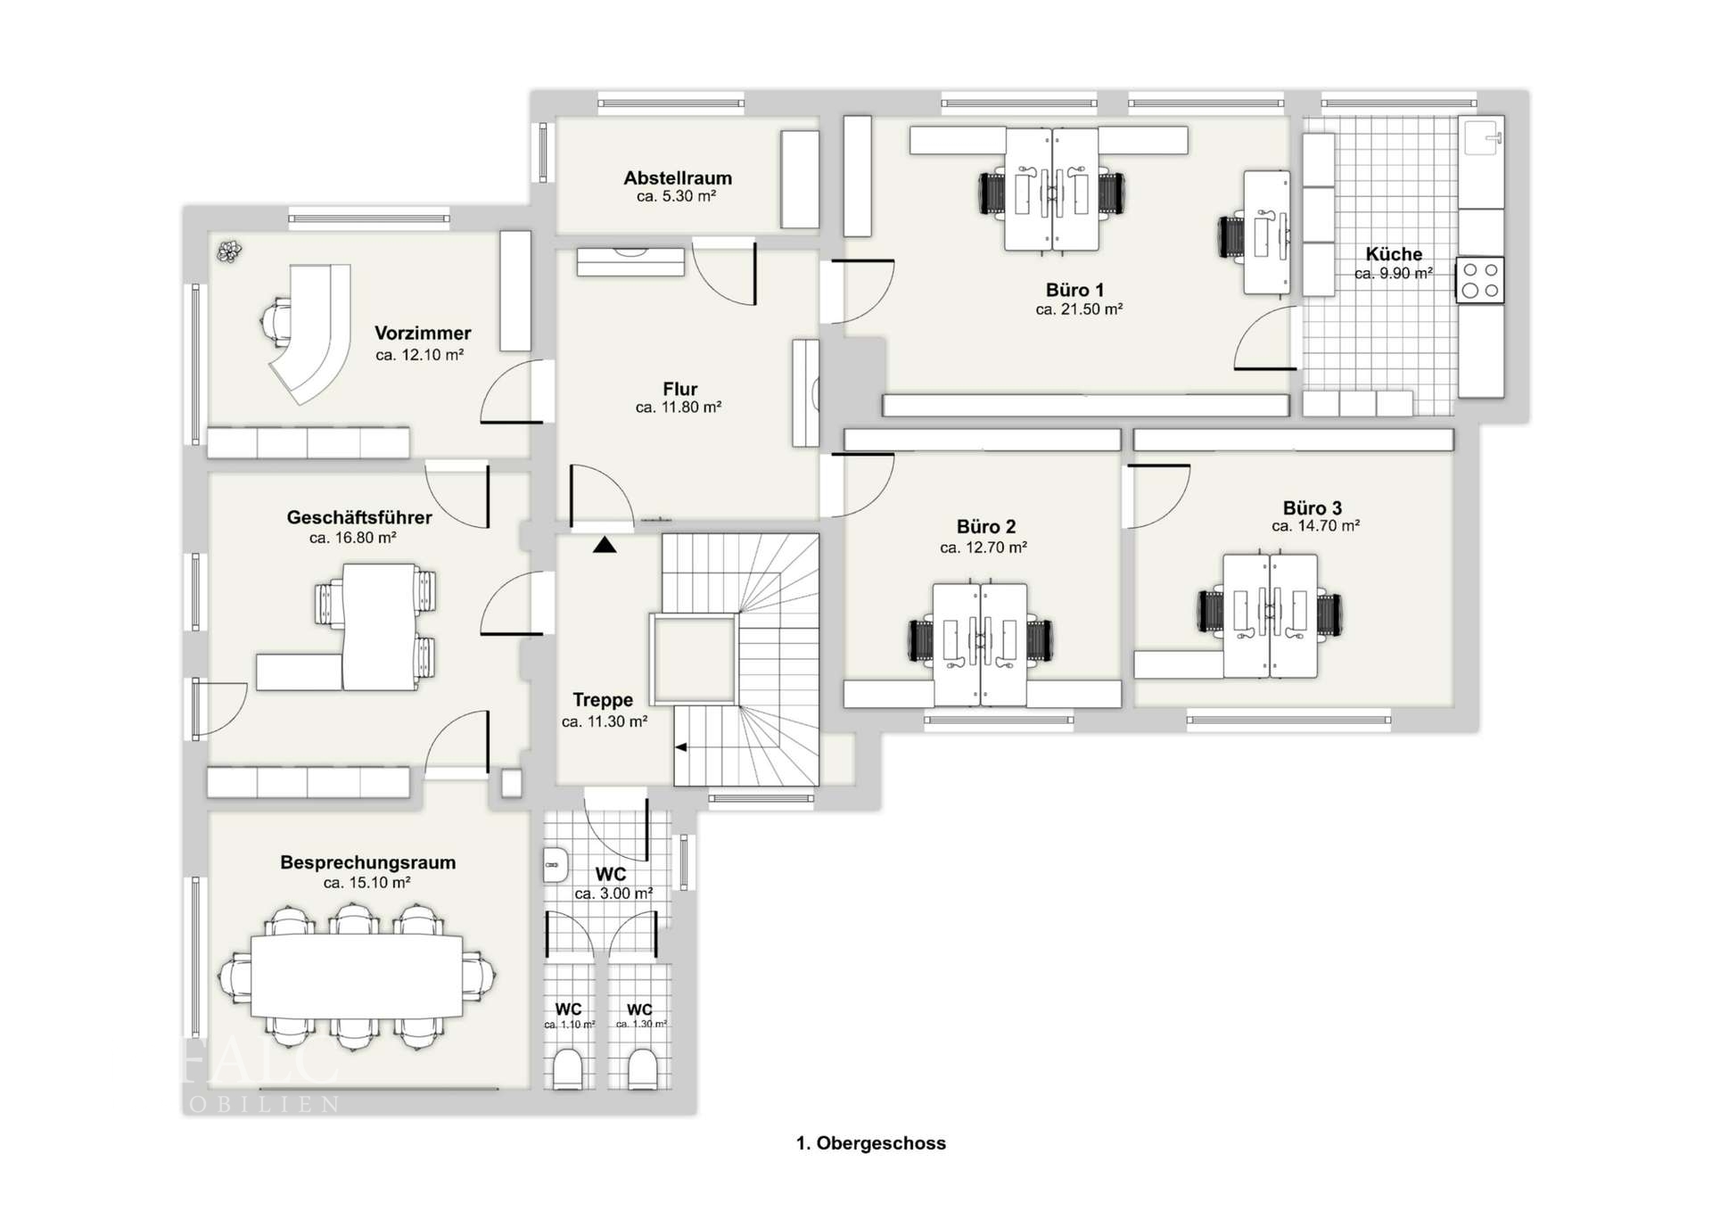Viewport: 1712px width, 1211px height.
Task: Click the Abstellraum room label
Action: [x=678, y=177]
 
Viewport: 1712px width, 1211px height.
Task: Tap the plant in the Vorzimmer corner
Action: [x=230, y=251]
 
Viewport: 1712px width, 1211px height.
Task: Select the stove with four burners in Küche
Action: [x=1480, y=280]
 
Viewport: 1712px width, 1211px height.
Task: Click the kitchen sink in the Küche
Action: [x=1482, y=137]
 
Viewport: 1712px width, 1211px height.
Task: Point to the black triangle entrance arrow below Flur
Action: [x=605, y=544]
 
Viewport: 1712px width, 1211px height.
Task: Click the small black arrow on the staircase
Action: [x=680, y=747]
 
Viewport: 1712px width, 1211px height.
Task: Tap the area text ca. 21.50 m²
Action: [x=1078, y=309]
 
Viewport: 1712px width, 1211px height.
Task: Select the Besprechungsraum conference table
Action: [x=357, y=976]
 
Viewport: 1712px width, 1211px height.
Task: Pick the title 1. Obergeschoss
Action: [x=870, y=1143]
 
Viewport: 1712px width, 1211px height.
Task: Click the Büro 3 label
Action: [x=1312, y=507]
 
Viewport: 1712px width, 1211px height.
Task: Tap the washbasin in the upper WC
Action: [x=556, y=864]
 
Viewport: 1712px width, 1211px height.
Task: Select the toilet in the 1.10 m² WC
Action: [x=567, y=1067]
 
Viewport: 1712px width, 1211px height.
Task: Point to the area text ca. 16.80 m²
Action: [x=352, y=538]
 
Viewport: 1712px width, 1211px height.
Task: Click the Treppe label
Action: [x=603, y=700]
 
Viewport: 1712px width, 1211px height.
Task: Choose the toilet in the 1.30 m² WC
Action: [x=642, y=1067]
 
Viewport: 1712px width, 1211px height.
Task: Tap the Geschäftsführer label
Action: [x=359, y=517]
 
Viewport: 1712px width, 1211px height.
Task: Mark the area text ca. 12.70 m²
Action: [x=984, y=548]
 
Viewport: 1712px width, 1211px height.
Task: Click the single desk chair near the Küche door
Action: [x=1232, y=236]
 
